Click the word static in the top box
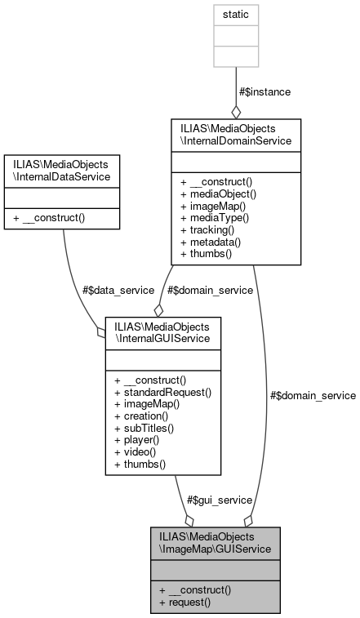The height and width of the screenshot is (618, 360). (x=235, y=14)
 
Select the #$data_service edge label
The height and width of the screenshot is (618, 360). (x=96, y=289)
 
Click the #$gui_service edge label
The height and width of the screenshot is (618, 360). (x=219, y=500)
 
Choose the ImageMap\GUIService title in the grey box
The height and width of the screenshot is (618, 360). (x=216, y=542)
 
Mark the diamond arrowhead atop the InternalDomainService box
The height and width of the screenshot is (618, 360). (x=235, y=112)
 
